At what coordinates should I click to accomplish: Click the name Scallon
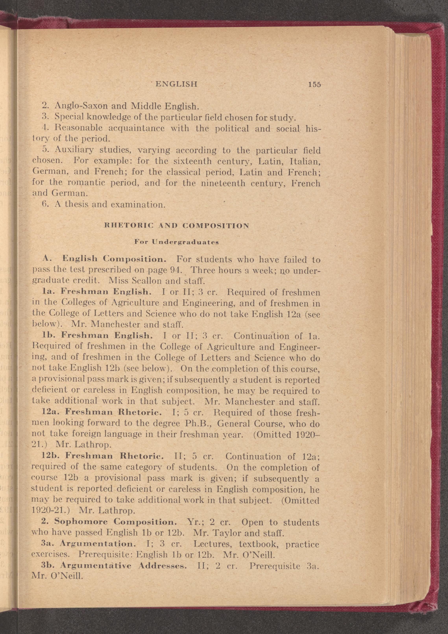145,281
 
